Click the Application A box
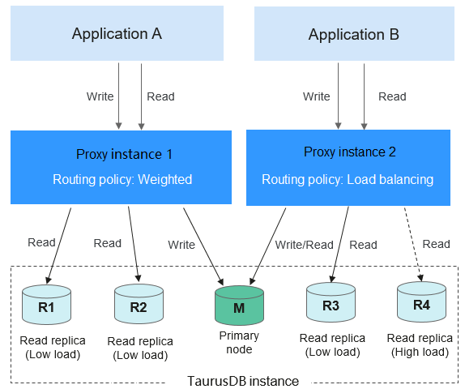pyautogui.click(x=117, y=33)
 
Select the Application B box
pyautogui.click(x=354, y=33)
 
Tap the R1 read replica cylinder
pyautogui.click(x=46, y=305)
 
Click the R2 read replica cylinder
pyautogui.click(x=139, y=304)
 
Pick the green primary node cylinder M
pyautogui.click(x=239, y=306)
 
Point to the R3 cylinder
pyautogui.click(x=331, y=302)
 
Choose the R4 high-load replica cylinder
pyautogui.click(x=421, y=301)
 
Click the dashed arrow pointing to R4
pyautogui.click(x=413, y=244)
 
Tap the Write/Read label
pyautogui.click(x=305, y=245)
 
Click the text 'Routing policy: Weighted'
pyautogui.click(x=122, y=180)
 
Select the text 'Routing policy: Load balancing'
pyautogui.click(x=348, y=180)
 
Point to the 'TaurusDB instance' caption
pyautogui.click(x=243, y=381)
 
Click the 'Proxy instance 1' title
pyautogui.click(x=124, y=154)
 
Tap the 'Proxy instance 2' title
pyautogui.click(x=350, y=152)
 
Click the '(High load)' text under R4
pyautogui.click(x=420, y=352)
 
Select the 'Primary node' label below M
pyautogui.click(x=239, y=343)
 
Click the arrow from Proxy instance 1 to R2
pyautogui.click(x=134, y=244)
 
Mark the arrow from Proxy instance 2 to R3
pyautogui.click(x=340, y=244)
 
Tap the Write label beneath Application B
pyautogui.click(x=317, y=96)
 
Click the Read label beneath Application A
pyautogui.click(x=160, y=96)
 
